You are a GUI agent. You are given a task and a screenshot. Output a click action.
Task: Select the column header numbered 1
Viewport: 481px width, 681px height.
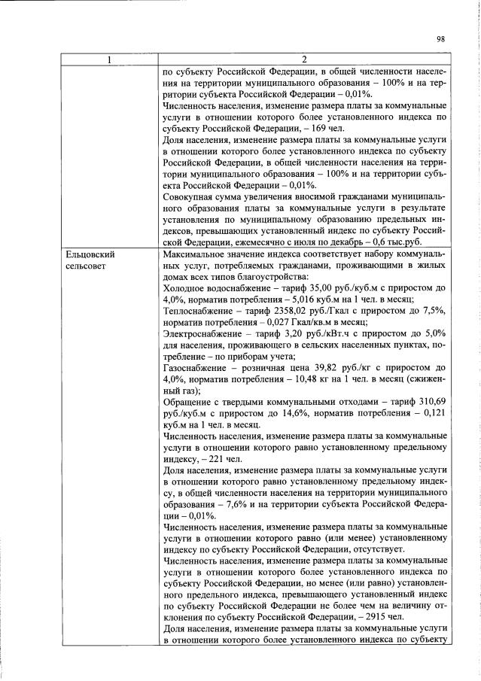(107, 60)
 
